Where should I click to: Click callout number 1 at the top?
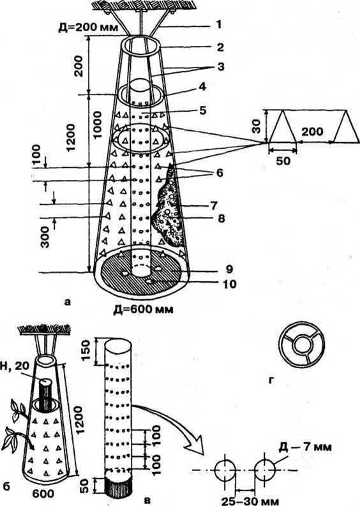coord(218,25)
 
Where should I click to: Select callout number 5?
coord(202,110)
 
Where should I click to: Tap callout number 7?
coord(213,205)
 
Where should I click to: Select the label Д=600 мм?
coord(143,309)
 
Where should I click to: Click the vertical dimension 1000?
coord(96,126)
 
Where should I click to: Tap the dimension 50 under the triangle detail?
coord(283,160)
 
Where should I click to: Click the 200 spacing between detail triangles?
coord(313,131)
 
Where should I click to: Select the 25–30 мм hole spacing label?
coord(251,501)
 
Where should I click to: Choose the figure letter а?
coord(67,302)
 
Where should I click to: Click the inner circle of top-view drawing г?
coord(301,345)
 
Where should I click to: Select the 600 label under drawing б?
coord(43,493)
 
